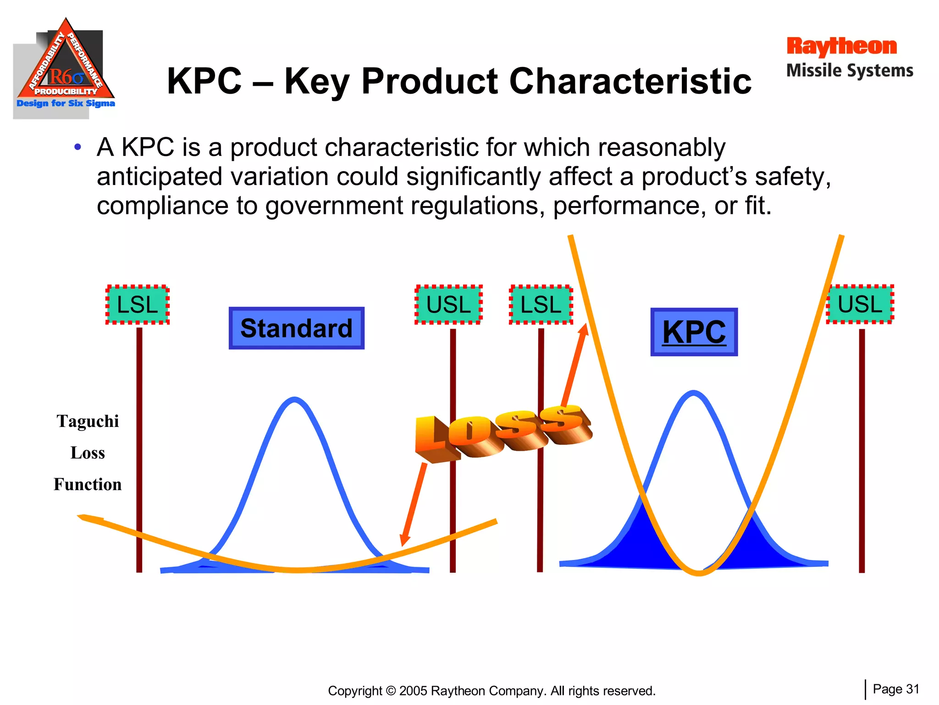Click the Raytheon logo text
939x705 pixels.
coord(841,46)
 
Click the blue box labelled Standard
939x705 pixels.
coord(296,328)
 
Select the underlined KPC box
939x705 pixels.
coord(694,332)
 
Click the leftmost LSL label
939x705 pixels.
coord(138,305)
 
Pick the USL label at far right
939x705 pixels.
coord(860,304)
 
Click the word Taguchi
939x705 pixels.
coord(88,421)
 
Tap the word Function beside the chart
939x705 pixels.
coord(88,484)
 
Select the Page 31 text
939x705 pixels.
coord(896,689)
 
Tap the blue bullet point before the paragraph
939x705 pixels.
coord(78,147)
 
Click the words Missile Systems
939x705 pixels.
coord(850,71)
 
